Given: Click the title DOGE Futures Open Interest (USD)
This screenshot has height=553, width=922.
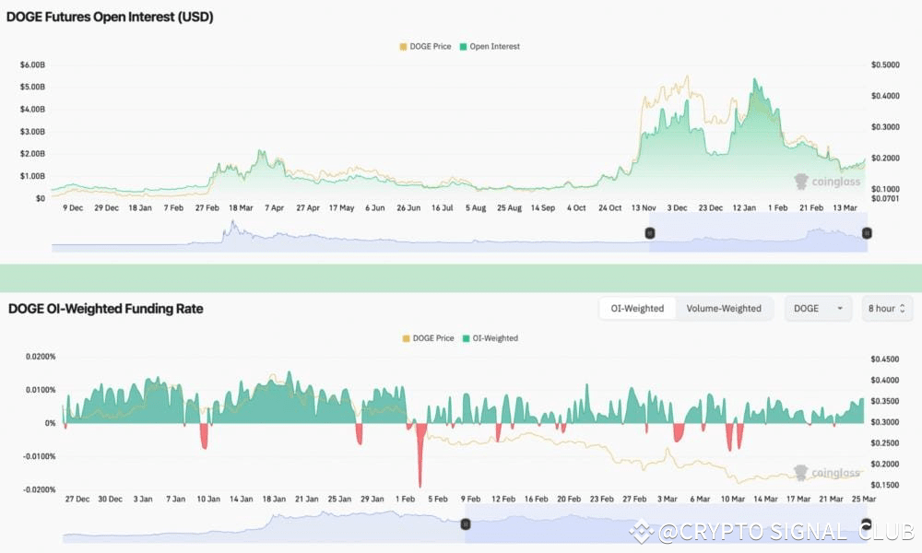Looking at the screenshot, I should pyautogui.click(x=111, y=17).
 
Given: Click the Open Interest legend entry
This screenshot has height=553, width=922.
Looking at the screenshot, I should pyautogui.click(x=494, y=46).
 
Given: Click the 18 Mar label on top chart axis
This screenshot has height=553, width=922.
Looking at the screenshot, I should pyautogui.click(x=241, y=208).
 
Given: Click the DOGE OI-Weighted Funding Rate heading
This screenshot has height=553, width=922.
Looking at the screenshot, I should pyautogui.click(x=106, y=309).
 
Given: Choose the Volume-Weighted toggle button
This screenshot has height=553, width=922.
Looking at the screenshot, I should pyautogui.click(x=724, y=308).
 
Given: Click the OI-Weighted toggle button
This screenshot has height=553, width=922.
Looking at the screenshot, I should pyautogui.click(x=637, y=308).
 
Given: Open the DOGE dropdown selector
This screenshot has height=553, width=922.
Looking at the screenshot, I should pyautogui.click(x=818, y=308).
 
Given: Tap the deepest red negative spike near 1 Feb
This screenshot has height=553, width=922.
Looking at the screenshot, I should pyautogui.click(x=420, y=484).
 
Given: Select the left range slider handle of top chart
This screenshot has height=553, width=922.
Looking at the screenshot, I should pyautogui.click(x=650, y=233).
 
